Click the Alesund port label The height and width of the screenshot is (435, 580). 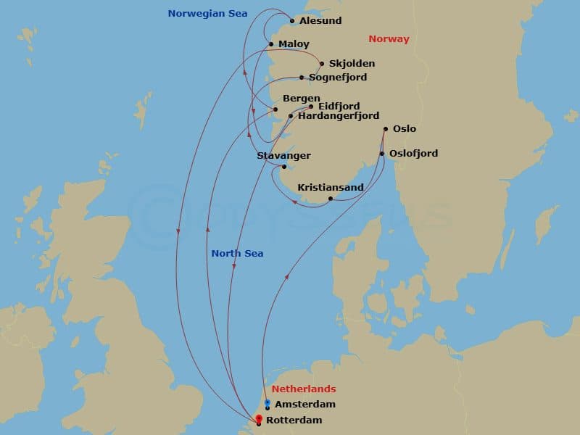[320, 21]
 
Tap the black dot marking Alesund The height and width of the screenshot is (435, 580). [292, 21]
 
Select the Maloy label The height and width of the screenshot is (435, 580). [294, 44]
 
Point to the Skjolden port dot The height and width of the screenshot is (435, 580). [321, 64]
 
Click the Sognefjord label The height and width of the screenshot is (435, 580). [338, 78]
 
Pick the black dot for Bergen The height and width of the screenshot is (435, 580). [275, 110]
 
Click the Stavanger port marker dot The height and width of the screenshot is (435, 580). [284, 167]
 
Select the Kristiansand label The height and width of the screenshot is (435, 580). [331, 187]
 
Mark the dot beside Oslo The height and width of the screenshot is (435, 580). [385, 129]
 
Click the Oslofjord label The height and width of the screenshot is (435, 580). [413, 154]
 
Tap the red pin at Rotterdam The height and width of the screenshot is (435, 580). [259, 418]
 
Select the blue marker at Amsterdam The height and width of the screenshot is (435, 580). [267, 403]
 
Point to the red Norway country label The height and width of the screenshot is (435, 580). [389, 39]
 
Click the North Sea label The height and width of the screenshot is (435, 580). [237, 254]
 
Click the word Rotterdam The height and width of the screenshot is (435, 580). [294, 420]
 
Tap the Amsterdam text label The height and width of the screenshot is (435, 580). [305, 405]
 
